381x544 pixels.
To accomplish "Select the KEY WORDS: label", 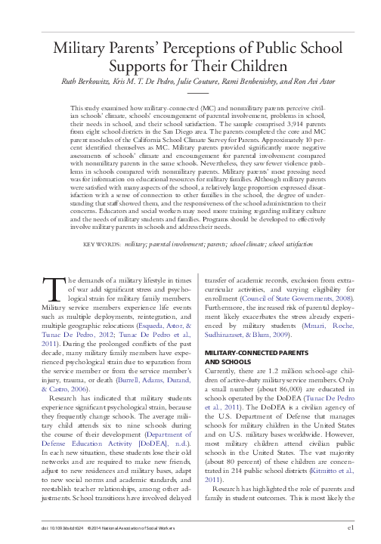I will tap(102, 224).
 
